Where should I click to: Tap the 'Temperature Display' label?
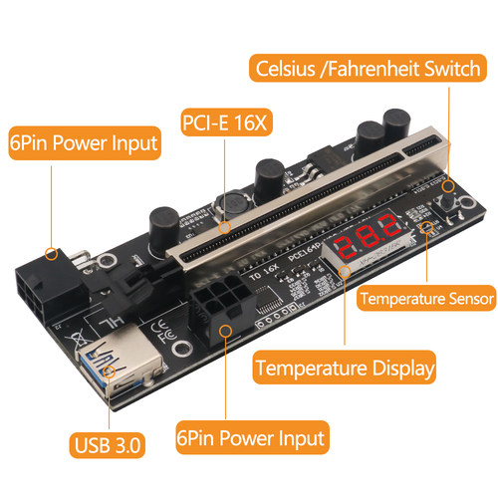click(345, 369)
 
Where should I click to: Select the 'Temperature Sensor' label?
click(426, 298)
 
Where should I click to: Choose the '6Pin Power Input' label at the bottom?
click(249, 436)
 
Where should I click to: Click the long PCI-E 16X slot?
click(299, 199)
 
